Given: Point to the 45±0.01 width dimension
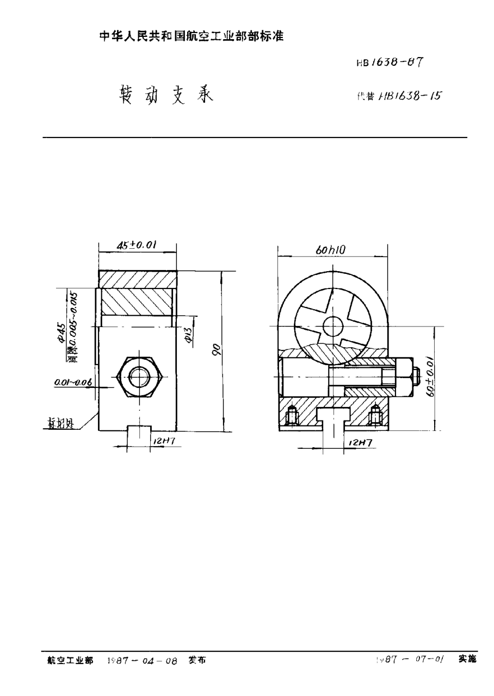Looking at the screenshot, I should (x=137, y=246).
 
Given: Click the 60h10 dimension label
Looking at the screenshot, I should (x=331, y=250).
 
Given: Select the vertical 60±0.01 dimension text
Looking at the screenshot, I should (x=430, y=378).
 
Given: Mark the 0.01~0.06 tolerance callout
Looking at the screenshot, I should (x=73, y=384).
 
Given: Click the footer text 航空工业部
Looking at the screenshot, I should (x=69, y=660).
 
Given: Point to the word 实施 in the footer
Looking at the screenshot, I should (x=467, y=659).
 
